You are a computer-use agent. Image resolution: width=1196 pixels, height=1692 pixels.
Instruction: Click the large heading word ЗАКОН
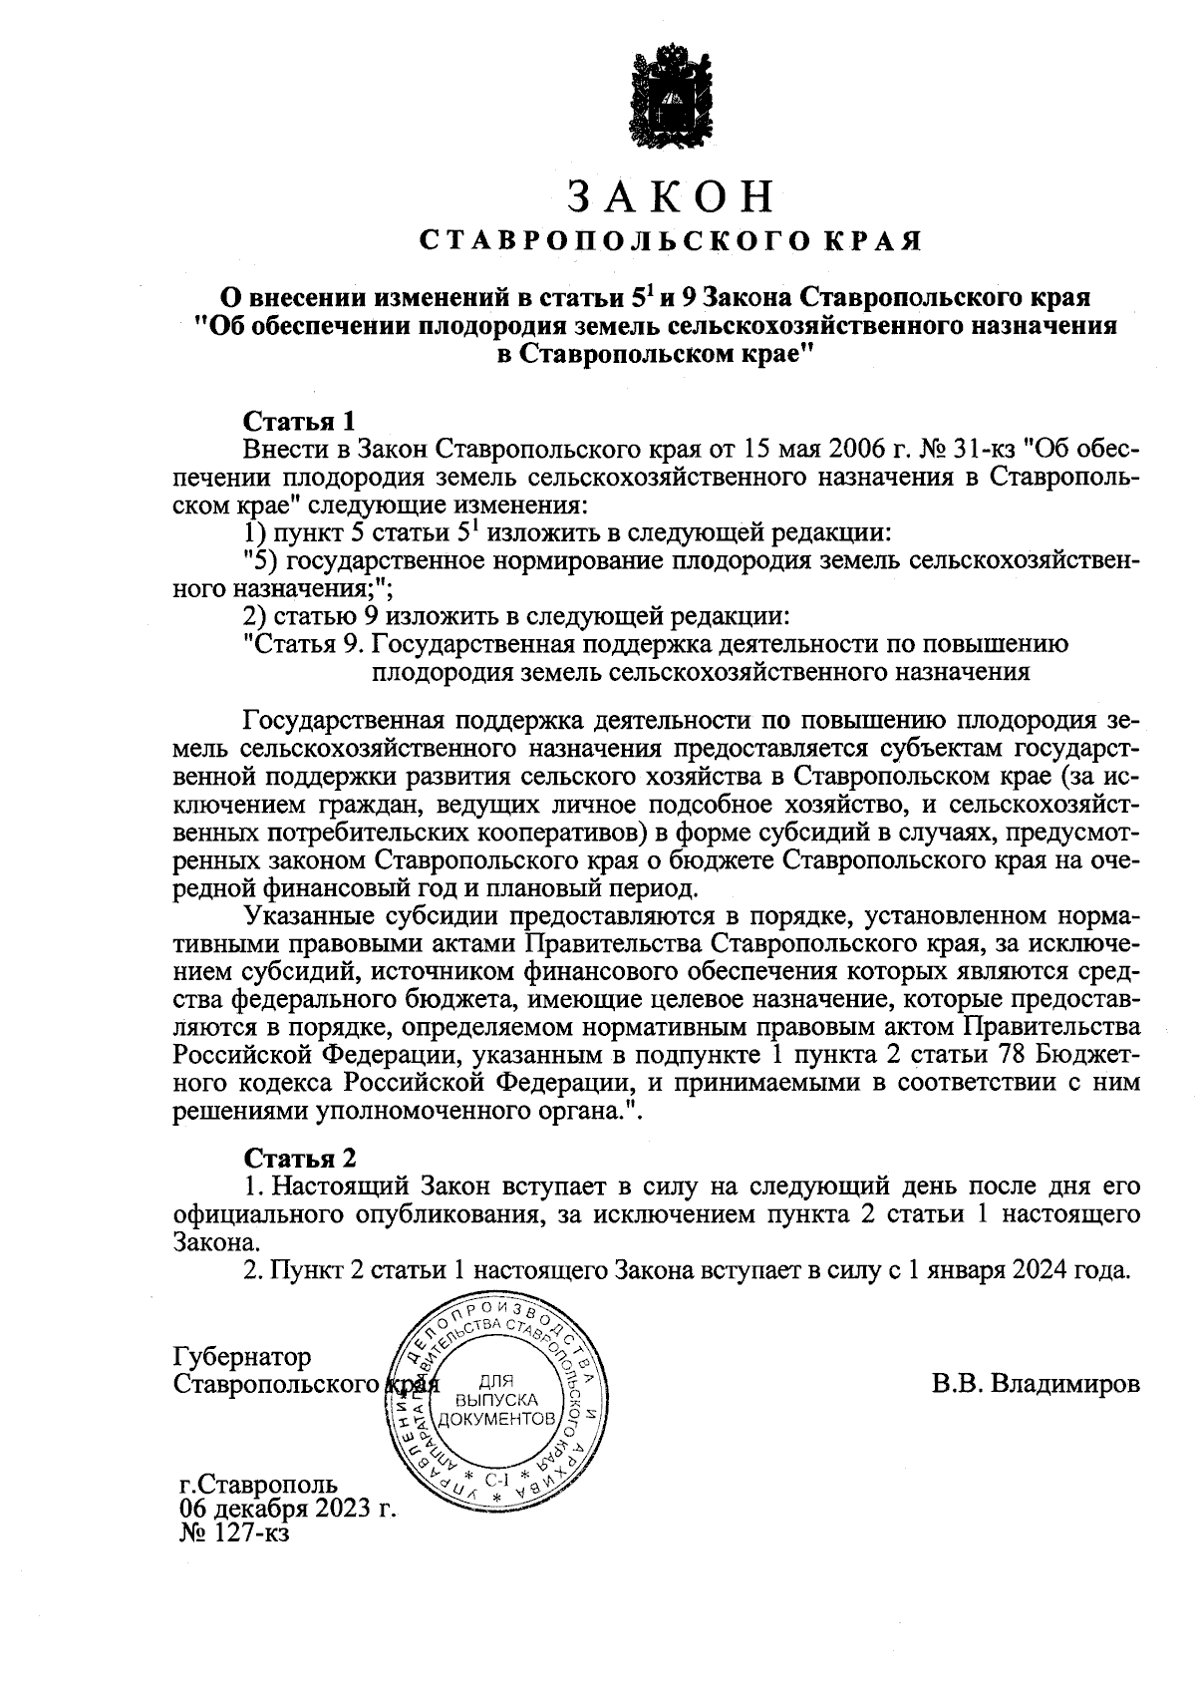coord(669,196)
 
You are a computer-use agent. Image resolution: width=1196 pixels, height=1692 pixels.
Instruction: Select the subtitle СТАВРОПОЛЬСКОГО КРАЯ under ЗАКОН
coord(669,241)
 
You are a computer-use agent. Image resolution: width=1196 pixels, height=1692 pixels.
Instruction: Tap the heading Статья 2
coord(300,1158)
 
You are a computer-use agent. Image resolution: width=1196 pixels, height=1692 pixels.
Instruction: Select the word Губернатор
coord(242,1357)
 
